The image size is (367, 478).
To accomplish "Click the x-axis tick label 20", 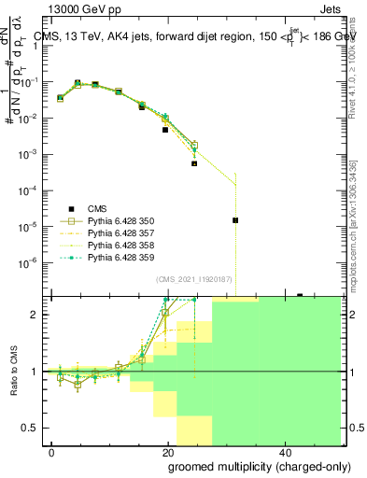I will point(168,451).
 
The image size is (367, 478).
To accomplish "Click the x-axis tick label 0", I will point(52,451).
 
